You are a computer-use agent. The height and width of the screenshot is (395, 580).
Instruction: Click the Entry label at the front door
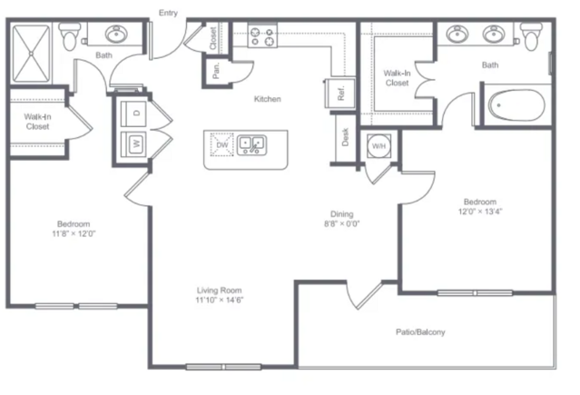pos(168,13)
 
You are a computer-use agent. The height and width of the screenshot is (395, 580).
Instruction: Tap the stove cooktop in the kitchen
pos(262,35)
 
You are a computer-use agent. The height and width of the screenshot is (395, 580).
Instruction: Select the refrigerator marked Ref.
pos(340,93)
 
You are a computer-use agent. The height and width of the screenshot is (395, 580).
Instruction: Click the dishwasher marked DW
pos(222,144)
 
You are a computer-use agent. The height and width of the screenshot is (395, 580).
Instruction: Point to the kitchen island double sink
pos(251,145)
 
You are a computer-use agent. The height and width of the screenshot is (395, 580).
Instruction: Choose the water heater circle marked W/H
pos(378,146)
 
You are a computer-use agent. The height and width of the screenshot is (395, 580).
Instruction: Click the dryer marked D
pos(134,113)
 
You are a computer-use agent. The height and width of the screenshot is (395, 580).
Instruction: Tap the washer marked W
pos(134,143)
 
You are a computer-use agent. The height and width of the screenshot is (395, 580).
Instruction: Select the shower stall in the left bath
pos(31,54)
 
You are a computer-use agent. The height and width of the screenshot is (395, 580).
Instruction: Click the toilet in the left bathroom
pos(70,36)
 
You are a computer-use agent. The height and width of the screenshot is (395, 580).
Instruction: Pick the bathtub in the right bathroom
pos(517,105)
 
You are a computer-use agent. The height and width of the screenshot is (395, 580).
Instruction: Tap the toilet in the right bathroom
pos(531,36)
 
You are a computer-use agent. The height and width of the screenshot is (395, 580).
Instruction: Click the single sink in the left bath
pos(117,34)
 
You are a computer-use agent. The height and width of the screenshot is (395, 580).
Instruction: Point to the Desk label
pos(345,137)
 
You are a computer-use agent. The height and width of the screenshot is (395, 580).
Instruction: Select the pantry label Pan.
pos(216,70)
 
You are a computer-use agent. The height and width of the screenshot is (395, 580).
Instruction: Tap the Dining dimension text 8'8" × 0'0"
pos(342,223)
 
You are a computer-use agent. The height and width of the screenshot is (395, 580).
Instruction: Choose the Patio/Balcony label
pos(420,332)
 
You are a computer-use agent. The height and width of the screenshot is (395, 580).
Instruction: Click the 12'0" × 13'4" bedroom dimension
pos(480,212)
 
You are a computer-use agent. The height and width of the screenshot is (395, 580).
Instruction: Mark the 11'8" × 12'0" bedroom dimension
pos(74,233)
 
